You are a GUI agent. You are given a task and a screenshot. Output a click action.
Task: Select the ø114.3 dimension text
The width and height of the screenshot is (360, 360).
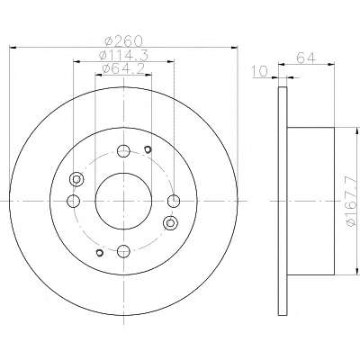coord(123,55)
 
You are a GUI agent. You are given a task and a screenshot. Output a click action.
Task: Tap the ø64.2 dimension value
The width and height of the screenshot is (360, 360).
coord(123,69)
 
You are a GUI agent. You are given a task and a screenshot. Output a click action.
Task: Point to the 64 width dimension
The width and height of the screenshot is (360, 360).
coord(306,58)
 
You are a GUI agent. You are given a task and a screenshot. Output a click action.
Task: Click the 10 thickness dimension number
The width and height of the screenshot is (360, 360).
coord(259,71)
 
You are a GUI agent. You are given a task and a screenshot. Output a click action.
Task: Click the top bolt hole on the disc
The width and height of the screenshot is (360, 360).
coord(123,151)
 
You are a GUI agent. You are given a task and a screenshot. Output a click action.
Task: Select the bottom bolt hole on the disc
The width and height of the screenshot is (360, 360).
coord(123,251)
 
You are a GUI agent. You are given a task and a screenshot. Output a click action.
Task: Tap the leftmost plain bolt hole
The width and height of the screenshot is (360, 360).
coord(73,201)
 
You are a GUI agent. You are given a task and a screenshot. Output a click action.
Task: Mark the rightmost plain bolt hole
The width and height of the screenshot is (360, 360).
coord(174,201)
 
